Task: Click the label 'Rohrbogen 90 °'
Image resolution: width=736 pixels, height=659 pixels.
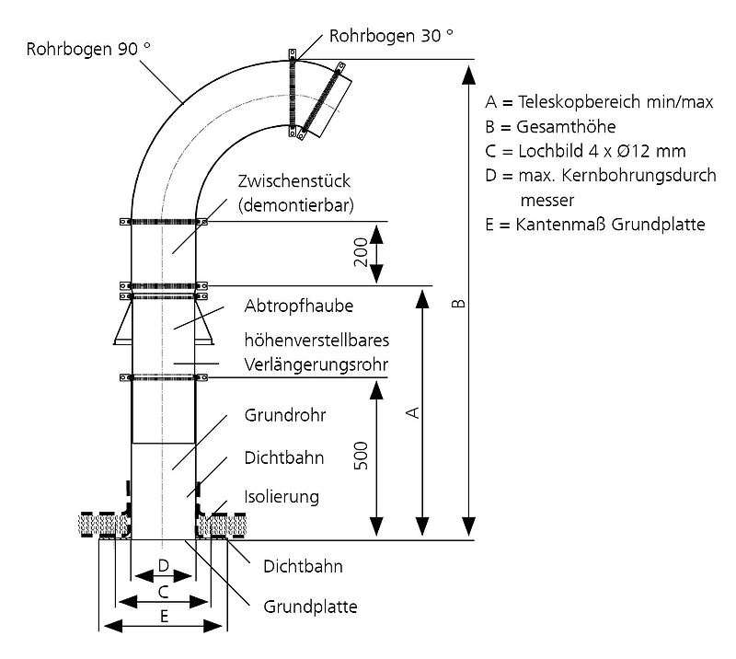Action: [x=89, y=49]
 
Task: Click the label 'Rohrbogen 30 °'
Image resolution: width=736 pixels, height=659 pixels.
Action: [x=392, y=37]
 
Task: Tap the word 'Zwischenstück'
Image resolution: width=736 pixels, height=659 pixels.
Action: [x=294, y=181]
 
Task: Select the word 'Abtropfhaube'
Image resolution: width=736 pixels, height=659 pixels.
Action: [x=299, y=306]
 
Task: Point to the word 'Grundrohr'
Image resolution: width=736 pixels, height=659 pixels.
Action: [x=285, y=415]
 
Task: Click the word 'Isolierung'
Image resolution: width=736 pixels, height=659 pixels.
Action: [x=282, y=497]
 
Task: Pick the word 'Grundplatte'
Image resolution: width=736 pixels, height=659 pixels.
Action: [x=310, y=607]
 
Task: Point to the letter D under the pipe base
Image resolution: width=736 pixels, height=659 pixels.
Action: [x=163, y=563]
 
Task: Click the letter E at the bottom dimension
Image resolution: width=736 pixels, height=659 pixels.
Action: [x=163, y=616]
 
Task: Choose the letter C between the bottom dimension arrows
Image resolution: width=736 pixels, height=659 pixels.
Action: [x=163, y=590]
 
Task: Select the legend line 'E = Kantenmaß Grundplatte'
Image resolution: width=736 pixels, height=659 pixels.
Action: [x=594, y=224]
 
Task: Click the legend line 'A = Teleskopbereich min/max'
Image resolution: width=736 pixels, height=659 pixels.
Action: [x=599, y=101]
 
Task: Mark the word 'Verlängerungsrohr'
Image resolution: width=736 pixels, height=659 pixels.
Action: [x=316, y=364]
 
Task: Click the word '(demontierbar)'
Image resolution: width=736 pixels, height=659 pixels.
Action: [x=295, y=204]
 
